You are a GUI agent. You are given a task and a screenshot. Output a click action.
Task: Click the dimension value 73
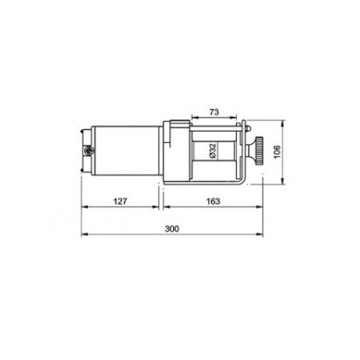click(x=214, y=112)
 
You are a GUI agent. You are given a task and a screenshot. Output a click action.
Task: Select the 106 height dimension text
click(x=277, y=152)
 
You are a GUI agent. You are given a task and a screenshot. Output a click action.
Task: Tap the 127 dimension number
click(x=120, y=201)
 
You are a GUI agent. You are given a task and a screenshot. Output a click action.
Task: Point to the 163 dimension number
click(x=213, y=201)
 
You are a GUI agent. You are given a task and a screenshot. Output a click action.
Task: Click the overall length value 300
click(x=172, y=228)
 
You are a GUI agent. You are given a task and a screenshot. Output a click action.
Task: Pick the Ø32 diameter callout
click(x=212, y=151)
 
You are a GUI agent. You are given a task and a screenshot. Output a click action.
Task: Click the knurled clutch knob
click(x=258, y=151)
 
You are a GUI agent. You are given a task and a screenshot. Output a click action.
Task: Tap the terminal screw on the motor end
click(x=88, y=151)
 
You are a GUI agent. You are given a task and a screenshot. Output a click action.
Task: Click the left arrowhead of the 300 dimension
click(x=84, y=234)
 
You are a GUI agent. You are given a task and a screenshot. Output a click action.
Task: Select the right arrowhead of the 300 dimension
click(x=259, y=234)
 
